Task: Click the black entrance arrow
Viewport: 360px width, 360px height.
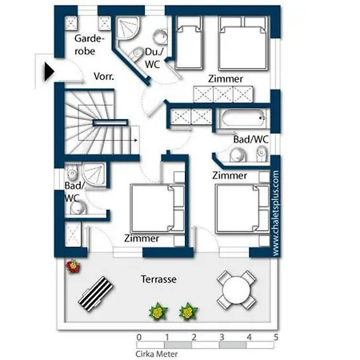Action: click(50, 71)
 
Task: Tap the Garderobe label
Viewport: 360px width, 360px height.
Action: click(89, 45)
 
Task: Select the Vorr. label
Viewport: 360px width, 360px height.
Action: click(104, 77)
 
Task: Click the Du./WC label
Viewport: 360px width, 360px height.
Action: click(154, 58)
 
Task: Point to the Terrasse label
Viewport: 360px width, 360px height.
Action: click(158, 279)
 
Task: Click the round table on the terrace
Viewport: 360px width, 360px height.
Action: click(236, 290)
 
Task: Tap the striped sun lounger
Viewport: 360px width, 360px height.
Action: click(96, 294)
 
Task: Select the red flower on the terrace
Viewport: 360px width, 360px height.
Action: click(73, 266)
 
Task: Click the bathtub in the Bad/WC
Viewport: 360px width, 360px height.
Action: click(242, 118)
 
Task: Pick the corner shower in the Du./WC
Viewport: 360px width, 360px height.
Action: click(127, 29)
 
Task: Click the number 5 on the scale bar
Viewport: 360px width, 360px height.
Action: click(276, 338)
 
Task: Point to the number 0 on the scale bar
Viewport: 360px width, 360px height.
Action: click(139, 338)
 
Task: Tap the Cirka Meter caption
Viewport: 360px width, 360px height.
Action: click(157, 354)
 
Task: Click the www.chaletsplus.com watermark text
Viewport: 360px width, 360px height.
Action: click(276, 214)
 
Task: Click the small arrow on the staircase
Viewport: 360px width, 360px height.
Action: click(135, 140)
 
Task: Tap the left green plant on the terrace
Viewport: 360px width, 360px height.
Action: click(158, 311)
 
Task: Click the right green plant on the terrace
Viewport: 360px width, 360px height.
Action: click(189, 311)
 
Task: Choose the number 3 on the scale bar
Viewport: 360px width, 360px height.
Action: click(222, 338)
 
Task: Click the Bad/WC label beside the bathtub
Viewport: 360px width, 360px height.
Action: click(251, 139)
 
